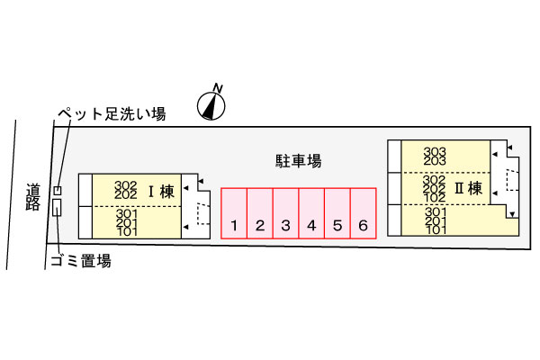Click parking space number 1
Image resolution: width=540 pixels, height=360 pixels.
coord(234,213)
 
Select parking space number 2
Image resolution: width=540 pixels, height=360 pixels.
coord(260,213)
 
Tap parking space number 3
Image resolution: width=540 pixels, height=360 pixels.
coord(285,213)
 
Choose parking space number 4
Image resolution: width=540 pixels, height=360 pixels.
coord(311,213)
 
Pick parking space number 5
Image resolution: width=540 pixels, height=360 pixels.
coord(337,213)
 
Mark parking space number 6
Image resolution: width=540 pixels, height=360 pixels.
coord(363,213)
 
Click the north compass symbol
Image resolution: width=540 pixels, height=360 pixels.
coord(211,106)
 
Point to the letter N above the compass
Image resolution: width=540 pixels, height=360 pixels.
coord(218,88)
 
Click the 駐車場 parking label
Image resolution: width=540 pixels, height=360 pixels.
coord(298,161)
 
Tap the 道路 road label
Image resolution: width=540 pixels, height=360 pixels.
coord(33,197)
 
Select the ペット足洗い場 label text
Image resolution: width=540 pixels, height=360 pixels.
coord(112,113)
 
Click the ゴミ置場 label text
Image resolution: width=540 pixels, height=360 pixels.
coord(81,261)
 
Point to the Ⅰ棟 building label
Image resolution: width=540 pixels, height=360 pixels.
coord(161,191)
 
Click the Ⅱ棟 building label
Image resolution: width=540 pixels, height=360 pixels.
coord(468,188)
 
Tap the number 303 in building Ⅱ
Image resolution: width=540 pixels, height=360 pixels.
coord(435,151)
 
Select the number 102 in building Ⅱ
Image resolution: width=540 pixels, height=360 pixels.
coord(435,198)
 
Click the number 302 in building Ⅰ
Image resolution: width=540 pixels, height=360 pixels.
coord(126,185)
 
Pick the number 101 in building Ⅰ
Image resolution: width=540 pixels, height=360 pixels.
coord(127,232)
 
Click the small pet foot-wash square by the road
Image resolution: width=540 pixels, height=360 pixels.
coord(58,190)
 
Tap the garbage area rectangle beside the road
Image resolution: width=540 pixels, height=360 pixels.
coord(57,207)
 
